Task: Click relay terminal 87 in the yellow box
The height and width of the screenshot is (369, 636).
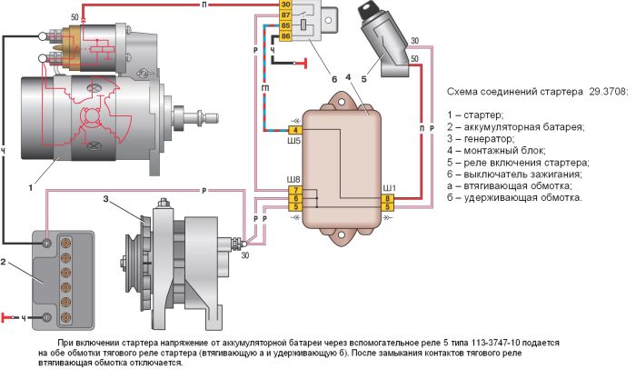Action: coord(285,15)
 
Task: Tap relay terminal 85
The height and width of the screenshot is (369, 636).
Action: coord(285,25)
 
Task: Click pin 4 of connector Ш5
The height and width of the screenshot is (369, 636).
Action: coord(296,131)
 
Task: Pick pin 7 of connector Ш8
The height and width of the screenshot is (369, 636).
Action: coord(293,188)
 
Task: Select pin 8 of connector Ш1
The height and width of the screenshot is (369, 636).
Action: coord(388,197)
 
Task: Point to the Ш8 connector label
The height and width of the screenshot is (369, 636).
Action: coord(293,178)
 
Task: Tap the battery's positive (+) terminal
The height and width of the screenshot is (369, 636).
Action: coord(46,243)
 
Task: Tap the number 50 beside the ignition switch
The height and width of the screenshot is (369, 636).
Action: coord(414,59)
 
